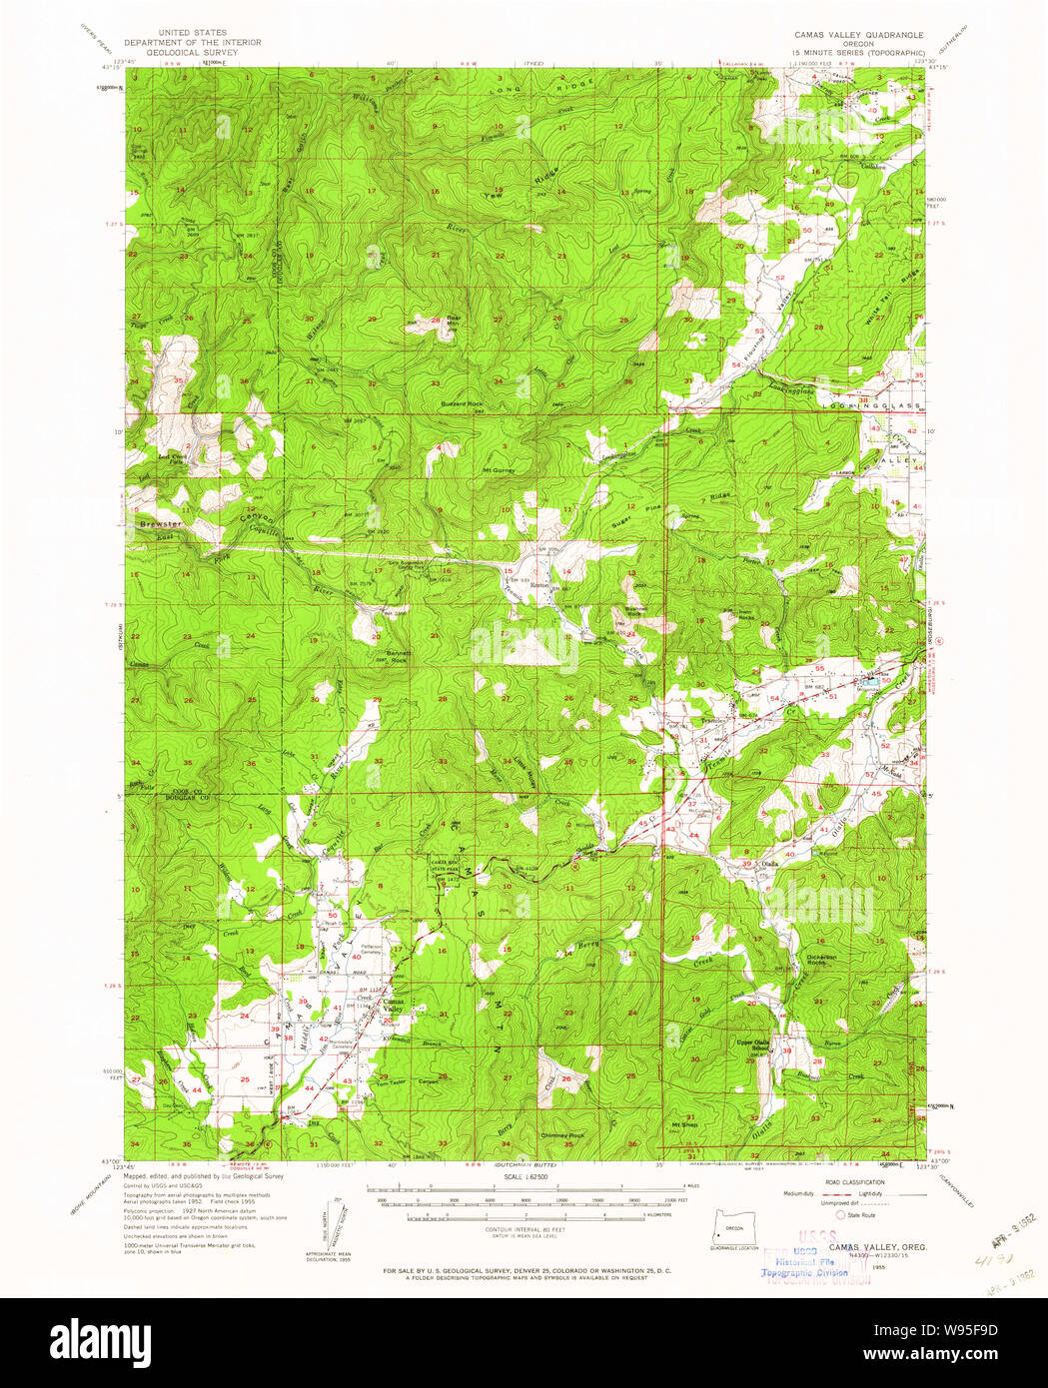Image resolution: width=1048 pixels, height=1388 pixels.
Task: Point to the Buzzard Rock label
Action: [462, 404]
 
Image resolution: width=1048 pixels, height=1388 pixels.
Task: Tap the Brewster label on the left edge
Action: [160, 523]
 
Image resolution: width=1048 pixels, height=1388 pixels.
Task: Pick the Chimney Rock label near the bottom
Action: [562, 1135]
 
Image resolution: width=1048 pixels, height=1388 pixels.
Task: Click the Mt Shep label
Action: [684, 1124]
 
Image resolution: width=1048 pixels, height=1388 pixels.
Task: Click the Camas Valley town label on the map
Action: [394, 1006]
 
